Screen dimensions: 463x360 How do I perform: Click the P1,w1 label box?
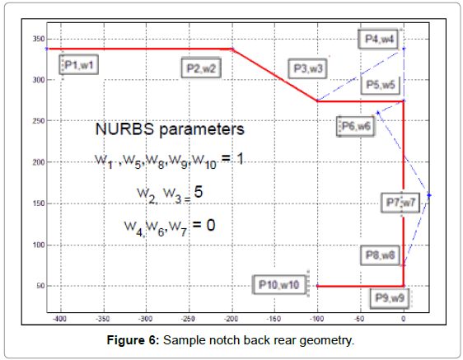79,65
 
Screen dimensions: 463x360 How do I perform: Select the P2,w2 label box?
201,68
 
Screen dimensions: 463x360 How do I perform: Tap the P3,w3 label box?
307,68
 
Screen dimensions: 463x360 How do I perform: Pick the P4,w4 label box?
379,39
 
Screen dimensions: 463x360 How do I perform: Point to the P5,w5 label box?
381,85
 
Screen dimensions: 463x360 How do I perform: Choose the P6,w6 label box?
356,126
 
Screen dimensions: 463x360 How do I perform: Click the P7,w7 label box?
400,203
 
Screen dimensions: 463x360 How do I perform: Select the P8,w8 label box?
380,255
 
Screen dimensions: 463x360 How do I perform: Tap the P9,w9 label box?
390,298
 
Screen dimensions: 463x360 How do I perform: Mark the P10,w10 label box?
279,285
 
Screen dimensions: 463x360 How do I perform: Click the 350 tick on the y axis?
39,39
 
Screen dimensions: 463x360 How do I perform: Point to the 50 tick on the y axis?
40,286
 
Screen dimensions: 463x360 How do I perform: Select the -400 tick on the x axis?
60,319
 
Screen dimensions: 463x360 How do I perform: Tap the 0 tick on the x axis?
404,319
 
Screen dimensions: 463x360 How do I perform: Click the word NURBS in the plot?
124,129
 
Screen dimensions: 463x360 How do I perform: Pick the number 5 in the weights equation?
198,192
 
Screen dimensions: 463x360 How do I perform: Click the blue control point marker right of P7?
429,195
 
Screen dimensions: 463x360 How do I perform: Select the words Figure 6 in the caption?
133,340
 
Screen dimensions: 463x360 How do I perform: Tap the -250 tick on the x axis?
188,319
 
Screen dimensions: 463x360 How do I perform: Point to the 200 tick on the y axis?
39,162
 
